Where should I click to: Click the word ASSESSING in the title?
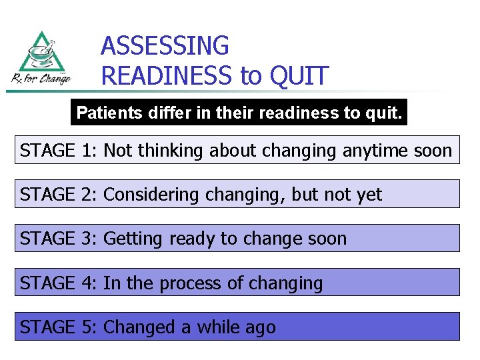(x=165, y=46)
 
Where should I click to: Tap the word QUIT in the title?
(x=299, y=76)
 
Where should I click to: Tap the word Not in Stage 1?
(x=118, y=151)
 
